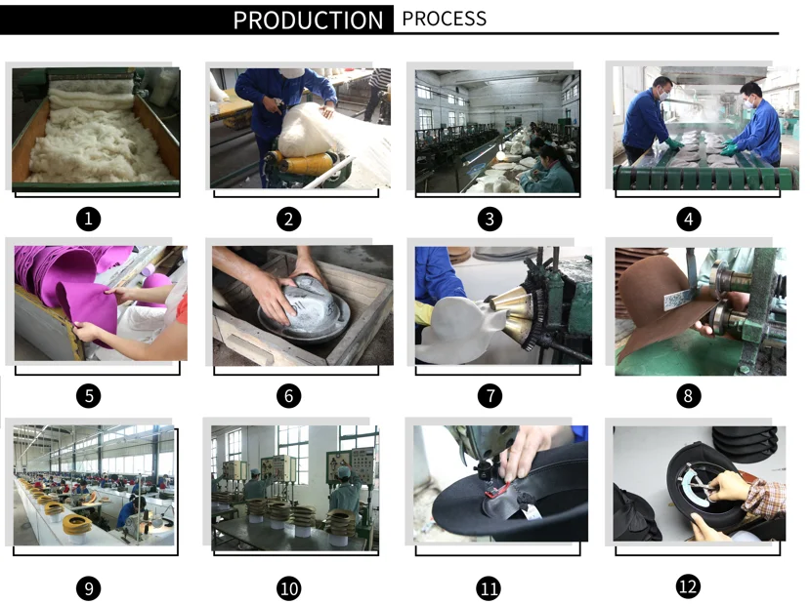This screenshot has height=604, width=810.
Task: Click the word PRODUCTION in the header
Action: tap(308, 20)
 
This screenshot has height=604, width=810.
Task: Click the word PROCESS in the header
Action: tap(445, 19)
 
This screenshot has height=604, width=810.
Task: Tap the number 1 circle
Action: tap(88, 219)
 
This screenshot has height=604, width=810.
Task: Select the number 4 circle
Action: tap(689, 219)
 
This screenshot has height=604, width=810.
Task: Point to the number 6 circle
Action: tap(289, 395)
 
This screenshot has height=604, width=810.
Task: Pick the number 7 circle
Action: tap(490, 395)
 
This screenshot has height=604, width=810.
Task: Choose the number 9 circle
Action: tap(88, 588)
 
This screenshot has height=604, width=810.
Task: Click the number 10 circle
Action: tap(289, 588)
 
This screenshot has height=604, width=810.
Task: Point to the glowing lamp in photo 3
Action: tap(500, 155)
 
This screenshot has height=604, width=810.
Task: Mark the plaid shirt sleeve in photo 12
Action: tap(766, 498)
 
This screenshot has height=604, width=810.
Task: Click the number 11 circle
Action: tap(490, 588)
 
